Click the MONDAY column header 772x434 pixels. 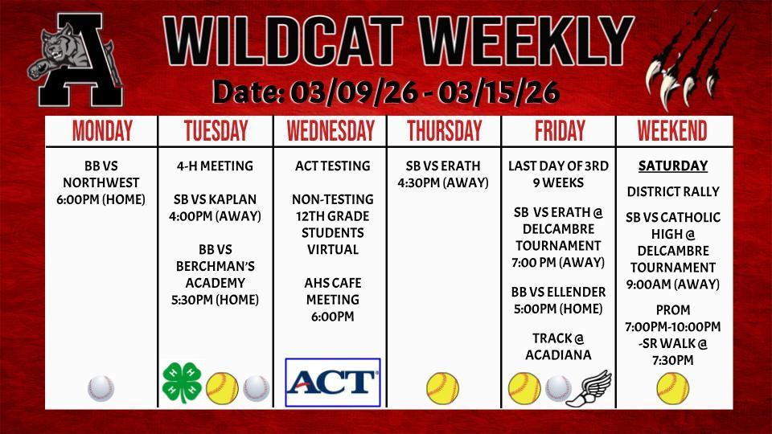pos(102,131)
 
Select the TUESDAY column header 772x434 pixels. pos(216,131)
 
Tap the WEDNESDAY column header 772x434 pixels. pos(330,131)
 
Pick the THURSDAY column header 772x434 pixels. pos(444,131)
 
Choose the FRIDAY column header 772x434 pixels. pos(558,131)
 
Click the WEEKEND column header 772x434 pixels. pos(672,131)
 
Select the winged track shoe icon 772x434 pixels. pos(589,387)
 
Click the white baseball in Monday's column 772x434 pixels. pos(101,389)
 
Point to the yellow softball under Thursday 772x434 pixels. pos(442,388)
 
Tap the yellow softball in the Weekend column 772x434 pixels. pos(672,388)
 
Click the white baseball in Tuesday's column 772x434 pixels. pos(256,389)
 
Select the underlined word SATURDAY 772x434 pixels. pos(672,166)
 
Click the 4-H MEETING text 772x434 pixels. pos(215,166)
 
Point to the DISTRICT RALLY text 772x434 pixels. pos(672,192)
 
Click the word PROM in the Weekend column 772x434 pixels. pos(672,310)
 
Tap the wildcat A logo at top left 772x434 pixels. pos(76,64)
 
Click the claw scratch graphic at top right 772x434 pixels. pos(691,60)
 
